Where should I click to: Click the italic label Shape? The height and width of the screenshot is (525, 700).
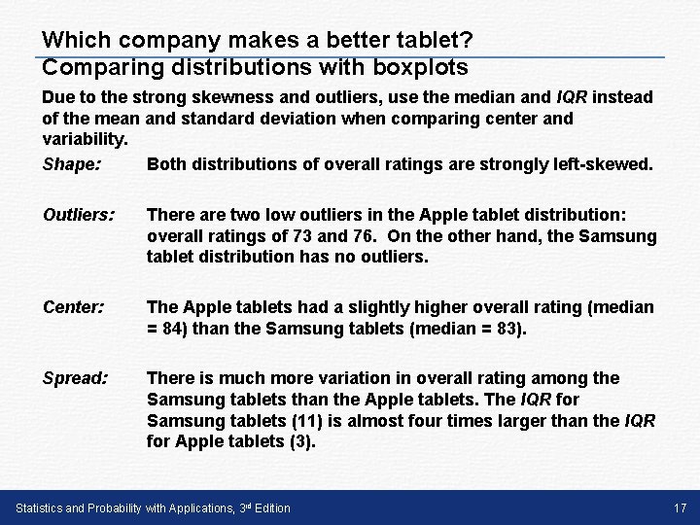pos(71,164)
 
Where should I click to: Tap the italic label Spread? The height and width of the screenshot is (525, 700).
pos(76,377)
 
